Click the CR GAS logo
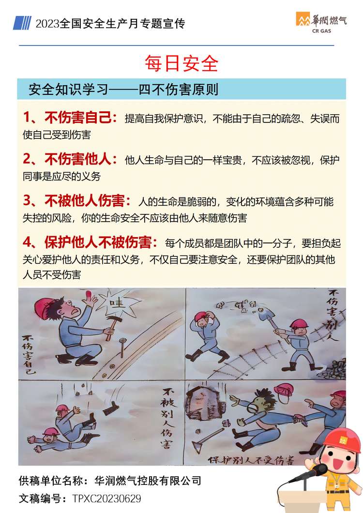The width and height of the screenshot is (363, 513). tap(321, 22)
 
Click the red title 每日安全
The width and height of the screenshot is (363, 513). tap(181, 63)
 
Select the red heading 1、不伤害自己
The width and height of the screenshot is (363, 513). tap(70, 118)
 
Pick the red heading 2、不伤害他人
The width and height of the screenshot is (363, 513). tap(70, 159)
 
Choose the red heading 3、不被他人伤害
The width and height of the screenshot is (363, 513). tap(77, 200)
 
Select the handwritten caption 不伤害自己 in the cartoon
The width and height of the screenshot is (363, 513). tap(29, 355)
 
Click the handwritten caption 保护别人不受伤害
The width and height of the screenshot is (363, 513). tap(251, 459)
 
